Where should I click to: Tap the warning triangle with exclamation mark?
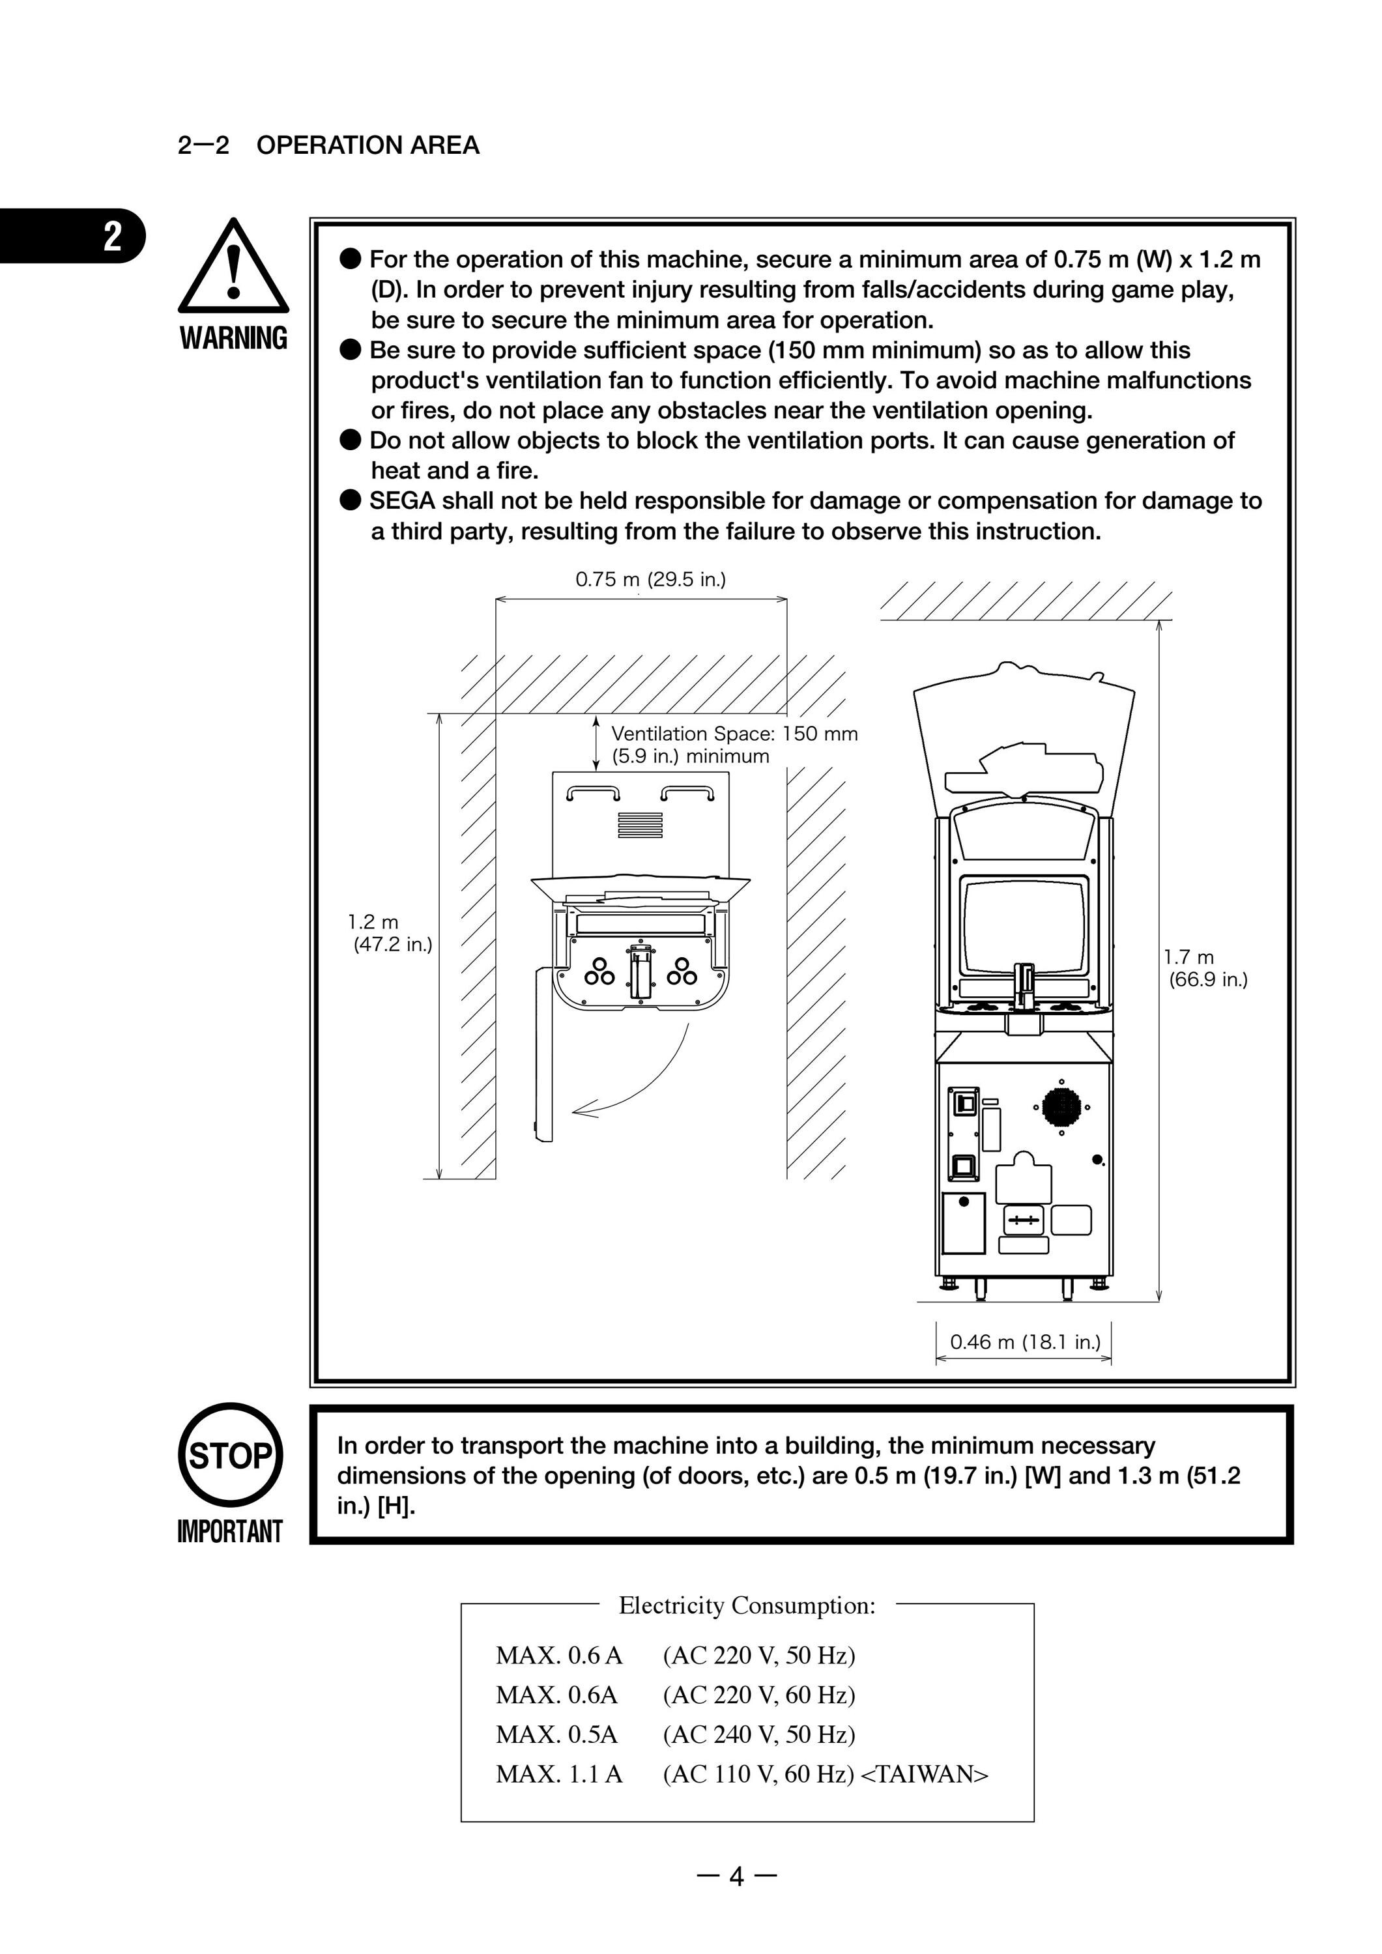pos(233,266)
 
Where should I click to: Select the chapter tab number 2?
pos(112,236)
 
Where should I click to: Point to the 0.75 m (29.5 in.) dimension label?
pos(650,580)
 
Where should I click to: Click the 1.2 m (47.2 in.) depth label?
pos(390,933)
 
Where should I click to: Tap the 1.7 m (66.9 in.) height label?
pos(1205,968)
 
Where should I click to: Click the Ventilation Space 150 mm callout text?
pos(734,745)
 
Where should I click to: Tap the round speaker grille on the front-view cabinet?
pos(1061,1107)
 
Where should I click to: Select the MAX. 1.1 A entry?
pos(559,1774)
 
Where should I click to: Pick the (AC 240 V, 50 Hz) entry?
pos(759,1734)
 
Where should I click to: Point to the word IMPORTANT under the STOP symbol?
pos(230,1531)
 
